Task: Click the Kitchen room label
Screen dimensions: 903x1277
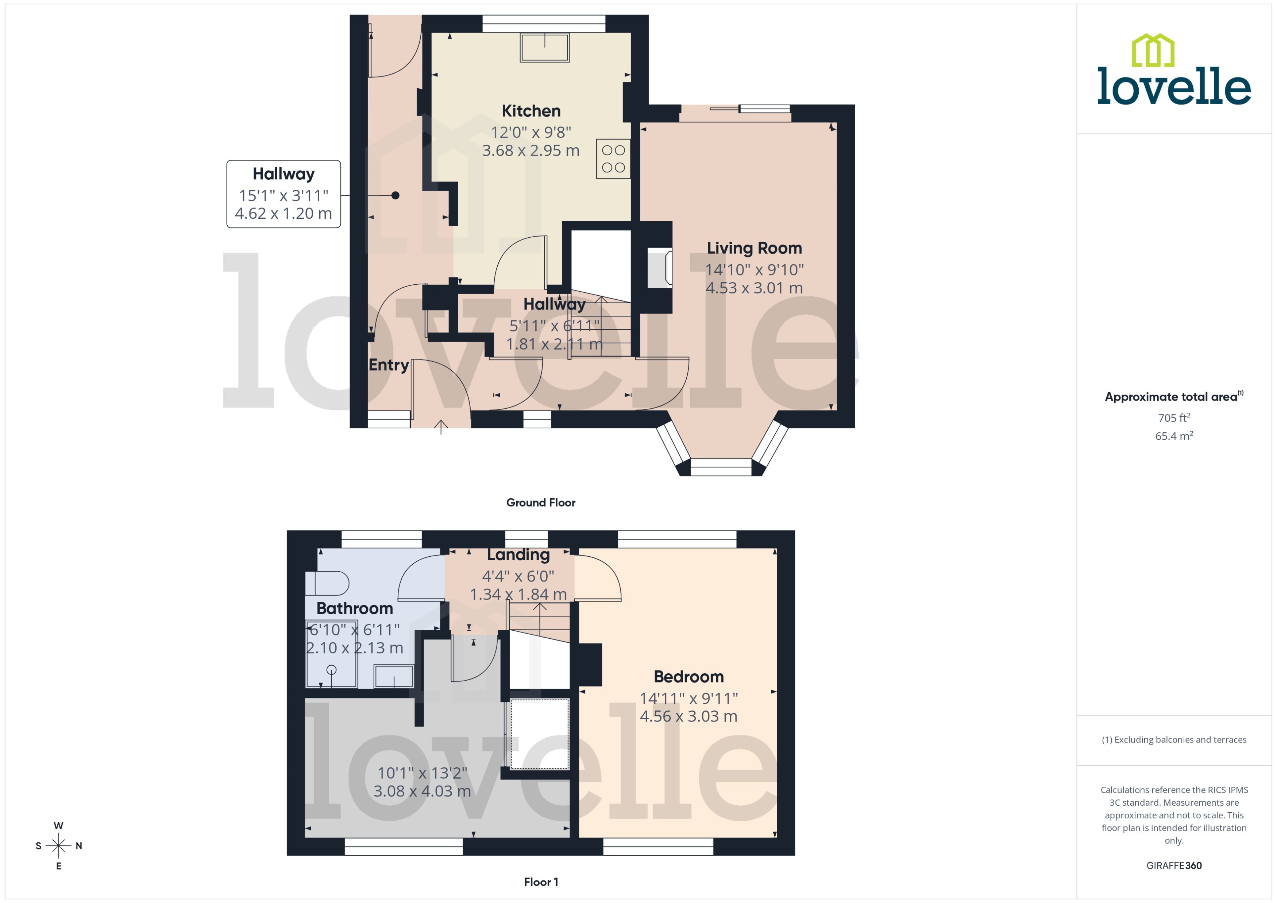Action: pos(531,111)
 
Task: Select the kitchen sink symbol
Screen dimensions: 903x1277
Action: pos(544,48)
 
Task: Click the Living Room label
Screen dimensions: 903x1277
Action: pos(754,248)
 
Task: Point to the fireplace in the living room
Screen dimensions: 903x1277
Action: pos(660,269)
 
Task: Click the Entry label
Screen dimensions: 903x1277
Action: pos(388,365)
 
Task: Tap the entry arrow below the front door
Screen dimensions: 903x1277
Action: pos(441,427)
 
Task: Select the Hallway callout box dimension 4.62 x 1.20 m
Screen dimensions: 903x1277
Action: pos(283,214)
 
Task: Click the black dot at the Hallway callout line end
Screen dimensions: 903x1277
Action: pos(395,195)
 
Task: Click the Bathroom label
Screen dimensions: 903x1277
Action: pos(354,608)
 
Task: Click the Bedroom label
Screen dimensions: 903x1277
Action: pos(688,677)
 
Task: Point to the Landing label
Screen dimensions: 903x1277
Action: pos(518,555)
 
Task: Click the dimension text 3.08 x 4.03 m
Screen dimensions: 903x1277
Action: pos(422,791)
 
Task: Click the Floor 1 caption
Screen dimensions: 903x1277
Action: pos(540,882)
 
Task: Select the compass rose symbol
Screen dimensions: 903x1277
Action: pos(58,846)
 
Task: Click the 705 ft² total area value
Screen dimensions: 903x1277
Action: pos(1173,417)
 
